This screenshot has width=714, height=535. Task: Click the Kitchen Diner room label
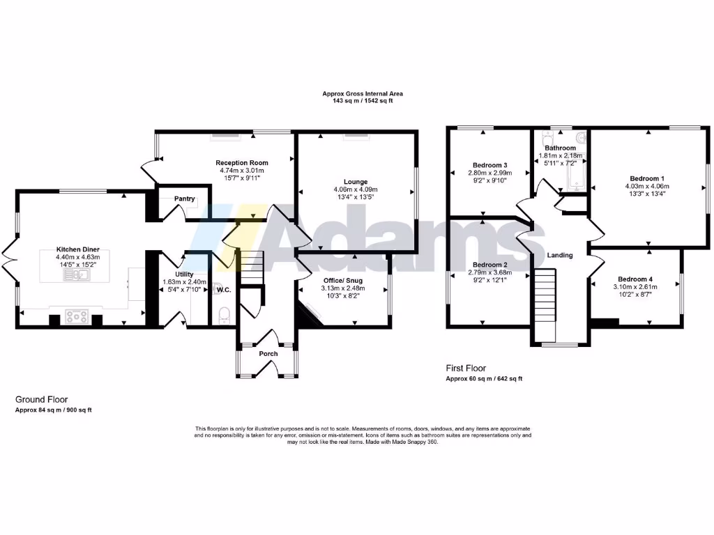coord(78,249)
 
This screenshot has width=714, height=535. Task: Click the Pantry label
coord(184,199)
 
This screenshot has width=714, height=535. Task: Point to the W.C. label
coord(224,289)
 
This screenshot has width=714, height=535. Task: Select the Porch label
coord(268,354)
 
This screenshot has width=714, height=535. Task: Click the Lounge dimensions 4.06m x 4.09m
coord(355,189)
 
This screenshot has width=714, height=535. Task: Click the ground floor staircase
coord(252,268)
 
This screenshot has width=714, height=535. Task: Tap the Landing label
coord(560,255)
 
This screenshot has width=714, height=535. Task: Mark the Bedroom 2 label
coord(489,265)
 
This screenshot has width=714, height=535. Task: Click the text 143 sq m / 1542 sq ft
coord(363,101)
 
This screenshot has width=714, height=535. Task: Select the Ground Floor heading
coord(42,400)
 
